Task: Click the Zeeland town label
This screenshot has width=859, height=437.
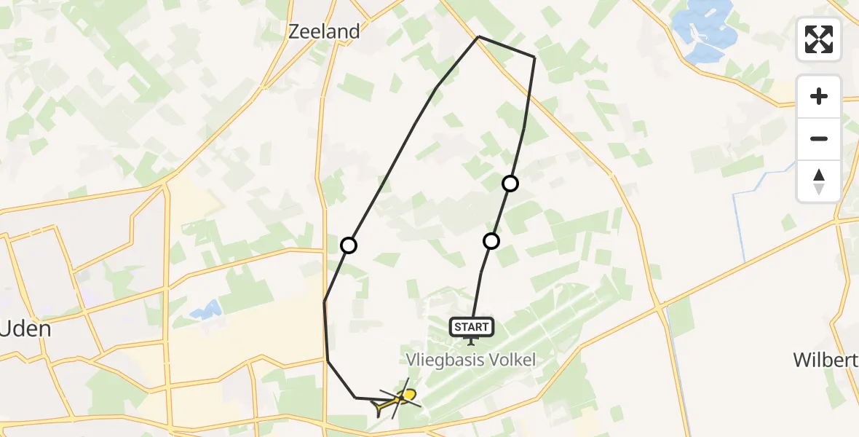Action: coord(324,31)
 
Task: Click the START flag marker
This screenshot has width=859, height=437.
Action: coord(472,328)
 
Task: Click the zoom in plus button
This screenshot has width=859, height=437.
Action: coord(819,96)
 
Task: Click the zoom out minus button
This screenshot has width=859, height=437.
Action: coord(819,138)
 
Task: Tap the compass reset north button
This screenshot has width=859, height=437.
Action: coord(819,181)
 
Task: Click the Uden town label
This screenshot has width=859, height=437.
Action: coord(26,328)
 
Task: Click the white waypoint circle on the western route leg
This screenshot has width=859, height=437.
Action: coord(349,245)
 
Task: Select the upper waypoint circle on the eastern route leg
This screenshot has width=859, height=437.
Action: coord(510,184)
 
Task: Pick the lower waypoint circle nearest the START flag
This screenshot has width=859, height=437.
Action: coord(491,241)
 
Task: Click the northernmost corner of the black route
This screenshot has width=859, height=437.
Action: coord(478,36)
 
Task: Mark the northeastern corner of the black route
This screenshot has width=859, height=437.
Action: coord(535,57)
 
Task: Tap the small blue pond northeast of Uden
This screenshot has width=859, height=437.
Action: coord(206,310)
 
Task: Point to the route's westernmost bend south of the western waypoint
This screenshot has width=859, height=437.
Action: coord(325,302)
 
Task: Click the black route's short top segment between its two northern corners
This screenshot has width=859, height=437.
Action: coord(507,47)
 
